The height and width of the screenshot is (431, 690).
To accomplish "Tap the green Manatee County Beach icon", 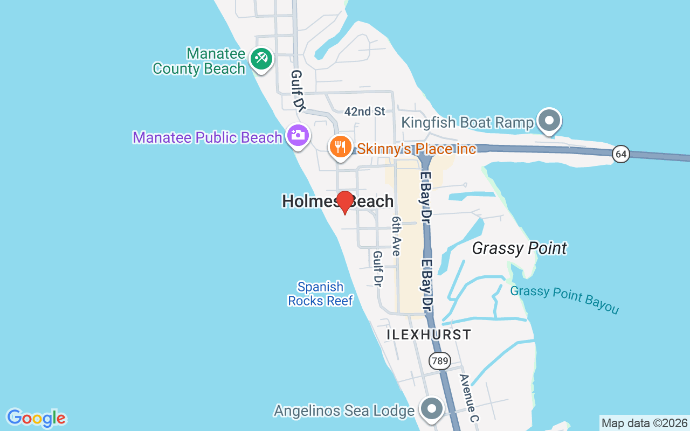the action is (262, 57).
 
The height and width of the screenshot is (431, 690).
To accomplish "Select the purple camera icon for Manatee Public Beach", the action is (298, 135).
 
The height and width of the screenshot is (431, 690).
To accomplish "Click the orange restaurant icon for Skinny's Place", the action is (341, 145).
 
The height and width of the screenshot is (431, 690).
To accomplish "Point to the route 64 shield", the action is (621, 155).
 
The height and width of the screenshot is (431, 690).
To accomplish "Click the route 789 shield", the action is (440, 360).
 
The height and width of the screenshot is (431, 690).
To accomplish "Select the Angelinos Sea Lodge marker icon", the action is (432, 409).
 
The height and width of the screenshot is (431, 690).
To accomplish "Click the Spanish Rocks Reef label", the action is (320, 294).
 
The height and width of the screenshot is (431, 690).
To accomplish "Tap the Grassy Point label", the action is (519, 248).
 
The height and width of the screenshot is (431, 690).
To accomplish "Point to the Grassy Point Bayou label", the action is (564, 300).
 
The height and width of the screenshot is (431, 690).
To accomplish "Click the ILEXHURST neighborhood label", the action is (429, 335).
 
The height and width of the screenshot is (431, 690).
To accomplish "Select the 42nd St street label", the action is (365, 112).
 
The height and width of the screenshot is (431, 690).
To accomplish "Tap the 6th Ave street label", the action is (397, 236).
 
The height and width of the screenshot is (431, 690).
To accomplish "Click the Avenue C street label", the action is (468, 397).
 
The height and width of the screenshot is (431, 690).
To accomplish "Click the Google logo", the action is (36, 418).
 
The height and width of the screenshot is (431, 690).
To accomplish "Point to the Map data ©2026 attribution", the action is (644, 423).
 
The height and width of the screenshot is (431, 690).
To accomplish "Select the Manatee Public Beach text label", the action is (208, 137).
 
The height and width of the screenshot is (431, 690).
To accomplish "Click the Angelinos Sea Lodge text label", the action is (343, 411).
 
